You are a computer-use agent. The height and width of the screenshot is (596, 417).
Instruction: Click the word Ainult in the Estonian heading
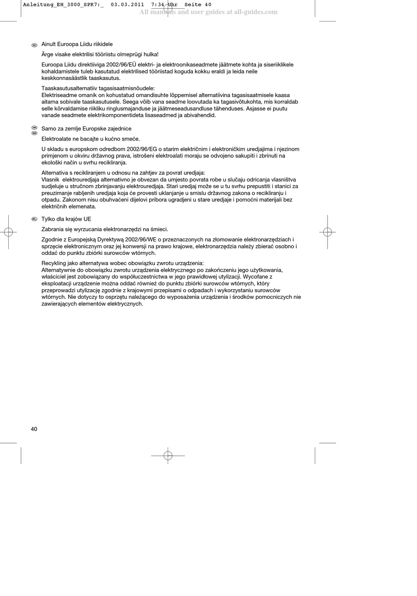(49, 44)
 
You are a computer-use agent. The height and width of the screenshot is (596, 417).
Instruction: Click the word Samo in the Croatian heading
(49, 129)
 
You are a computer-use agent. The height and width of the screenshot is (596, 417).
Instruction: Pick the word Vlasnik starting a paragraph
(50, 179)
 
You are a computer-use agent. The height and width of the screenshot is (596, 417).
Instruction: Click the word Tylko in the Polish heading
(48, 219)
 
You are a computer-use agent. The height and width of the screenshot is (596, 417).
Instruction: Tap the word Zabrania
(52, 229)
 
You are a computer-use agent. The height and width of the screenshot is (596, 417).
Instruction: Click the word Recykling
(54, 263)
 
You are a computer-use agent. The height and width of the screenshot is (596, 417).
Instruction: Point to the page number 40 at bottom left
(34, 429)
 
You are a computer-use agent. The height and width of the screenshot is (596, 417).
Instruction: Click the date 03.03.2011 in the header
(127, 5)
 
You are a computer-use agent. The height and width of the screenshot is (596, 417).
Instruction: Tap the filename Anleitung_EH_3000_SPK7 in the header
(61, 5)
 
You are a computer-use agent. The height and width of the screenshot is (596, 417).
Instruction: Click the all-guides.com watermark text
(208, 12)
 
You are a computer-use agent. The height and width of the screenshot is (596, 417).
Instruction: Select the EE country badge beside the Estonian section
(34, 45)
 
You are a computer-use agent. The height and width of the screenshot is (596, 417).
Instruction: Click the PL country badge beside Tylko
(34, 219)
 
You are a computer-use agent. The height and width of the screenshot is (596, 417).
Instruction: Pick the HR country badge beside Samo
(34, 127)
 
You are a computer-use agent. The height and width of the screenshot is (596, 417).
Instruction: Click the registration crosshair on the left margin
(8, 232)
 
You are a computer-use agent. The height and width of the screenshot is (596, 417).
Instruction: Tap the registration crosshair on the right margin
(327, 232)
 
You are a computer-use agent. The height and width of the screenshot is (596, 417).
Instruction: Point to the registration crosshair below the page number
(168, 455)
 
